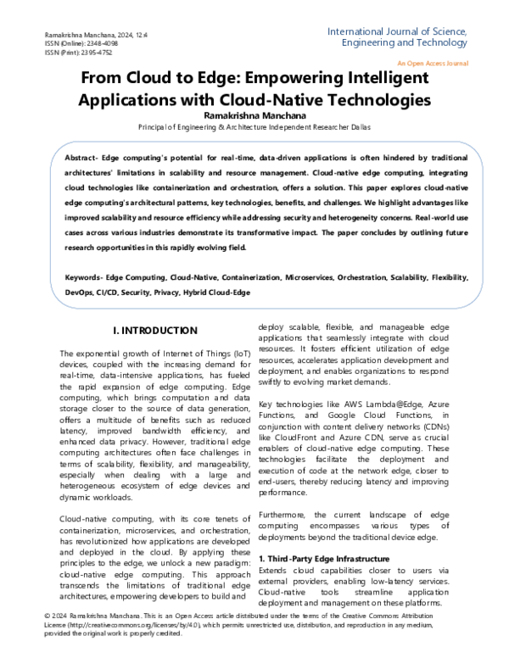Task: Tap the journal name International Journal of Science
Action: pos(396,32)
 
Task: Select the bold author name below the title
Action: pos(254,114)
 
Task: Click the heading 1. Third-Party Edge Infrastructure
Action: pos(324,559)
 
